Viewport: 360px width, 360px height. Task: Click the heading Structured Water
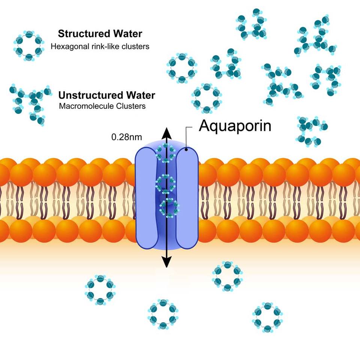[x=100, y=34]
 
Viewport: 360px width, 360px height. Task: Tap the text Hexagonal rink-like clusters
[x=100, y=47]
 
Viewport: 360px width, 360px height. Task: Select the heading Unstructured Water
[x=106, y=95]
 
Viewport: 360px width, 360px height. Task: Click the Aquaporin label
[x=235, y=126]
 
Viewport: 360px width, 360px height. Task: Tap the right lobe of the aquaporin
[x=187, y=197]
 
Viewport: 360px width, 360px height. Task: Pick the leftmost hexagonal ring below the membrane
[x=100, y=290]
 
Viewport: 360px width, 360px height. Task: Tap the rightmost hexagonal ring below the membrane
[x=267, y=317]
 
